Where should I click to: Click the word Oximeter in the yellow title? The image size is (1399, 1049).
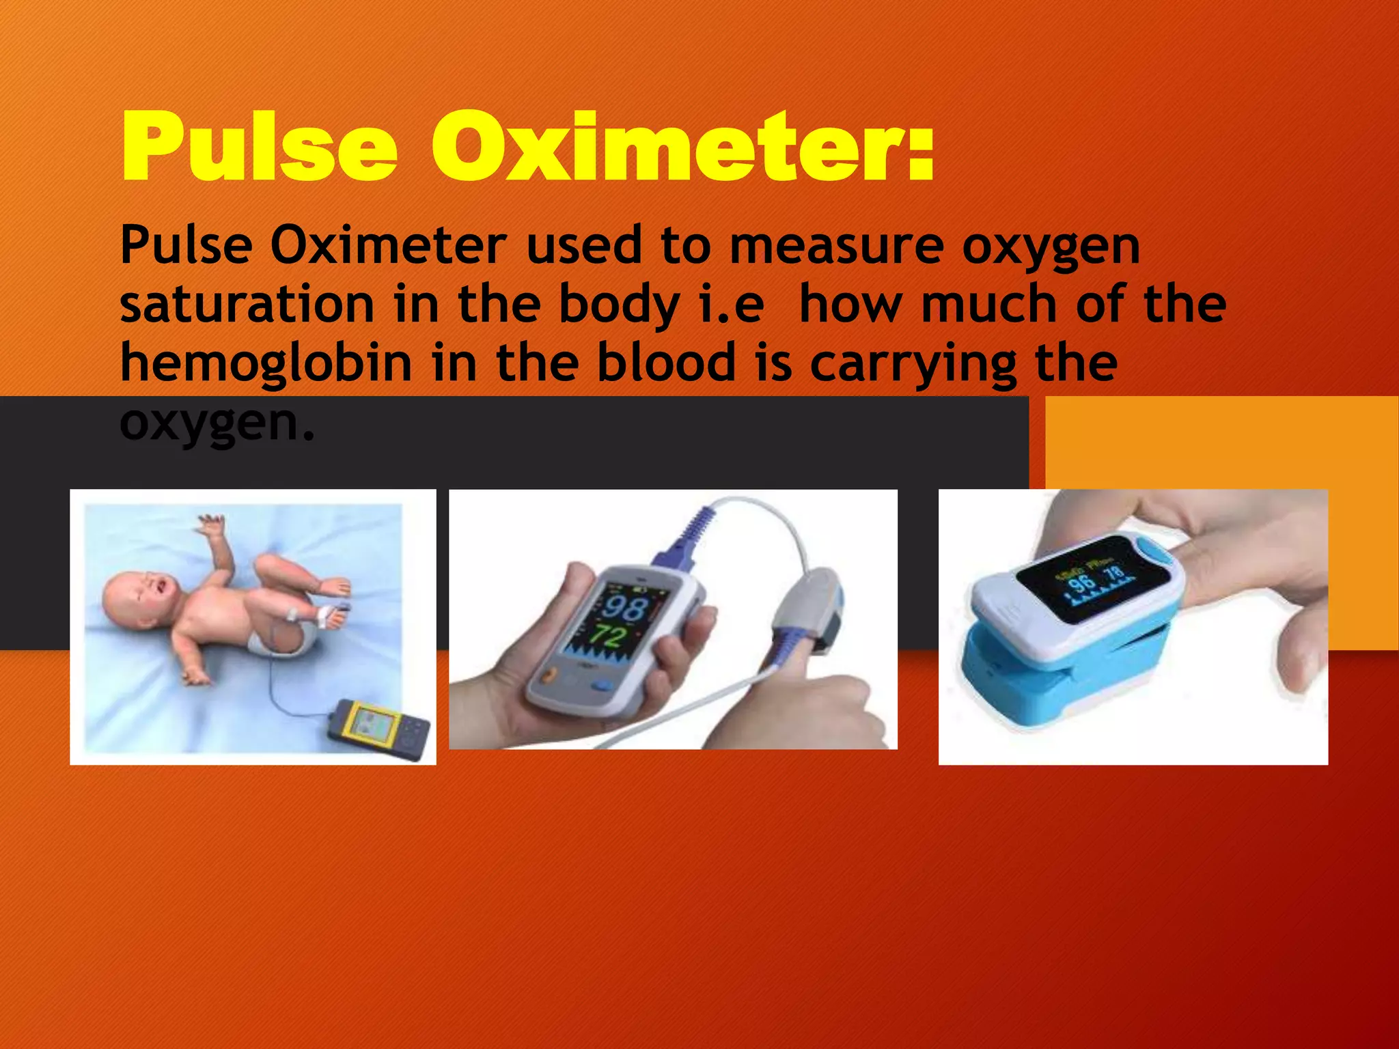tap(683, 148)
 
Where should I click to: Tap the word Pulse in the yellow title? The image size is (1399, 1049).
tap(260, 148)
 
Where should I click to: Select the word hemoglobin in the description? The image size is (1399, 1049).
tap(266, 363)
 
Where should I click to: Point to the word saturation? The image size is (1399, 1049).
tap(247, 305)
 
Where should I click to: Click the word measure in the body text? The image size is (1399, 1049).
tap(837, 246)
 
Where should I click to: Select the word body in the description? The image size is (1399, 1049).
tap(619, 306)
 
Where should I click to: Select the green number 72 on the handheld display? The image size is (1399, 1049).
tap(607, 636)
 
